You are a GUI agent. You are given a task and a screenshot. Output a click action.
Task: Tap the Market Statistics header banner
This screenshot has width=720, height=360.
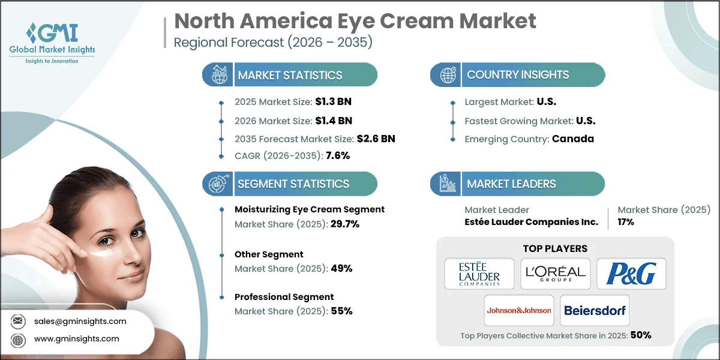[x=290, y=75]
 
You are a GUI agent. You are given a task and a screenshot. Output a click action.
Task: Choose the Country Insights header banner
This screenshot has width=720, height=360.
[x=517, y=75]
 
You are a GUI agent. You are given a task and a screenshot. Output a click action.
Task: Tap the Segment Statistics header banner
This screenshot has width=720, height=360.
[x=290, y=184]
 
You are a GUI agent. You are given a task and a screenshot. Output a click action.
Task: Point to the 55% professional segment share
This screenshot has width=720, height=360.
[x=341, y=311]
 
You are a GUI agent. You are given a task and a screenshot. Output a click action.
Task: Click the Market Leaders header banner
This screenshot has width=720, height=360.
[x=517, y=184]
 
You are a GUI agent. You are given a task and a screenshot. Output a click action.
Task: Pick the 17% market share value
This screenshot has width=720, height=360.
[x=626, y=222]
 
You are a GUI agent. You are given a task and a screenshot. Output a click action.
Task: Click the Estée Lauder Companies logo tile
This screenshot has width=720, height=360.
[x=479, y=273]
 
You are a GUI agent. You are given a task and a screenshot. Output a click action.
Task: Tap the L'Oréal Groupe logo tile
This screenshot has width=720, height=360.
[x=556, y=273]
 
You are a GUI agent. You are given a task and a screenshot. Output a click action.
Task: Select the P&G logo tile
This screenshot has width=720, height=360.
[x=631, y=273]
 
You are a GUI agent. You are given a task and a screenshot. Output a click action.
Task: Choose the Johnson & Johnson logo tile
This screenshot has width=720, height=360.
[x=518, y=310]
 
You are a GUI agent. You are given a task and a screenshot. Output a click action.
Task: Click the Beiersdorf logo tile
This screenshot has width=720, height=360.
[x=595, y=310]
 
